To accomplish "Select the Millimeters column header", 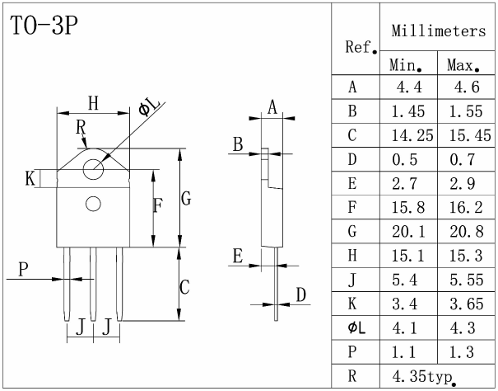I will coord(438,31).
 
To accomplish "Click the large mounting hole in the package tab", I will coord(93,167).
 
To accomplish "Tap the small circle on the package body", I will coord(93,203).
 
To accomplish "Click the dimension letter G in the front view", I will coord(187,199).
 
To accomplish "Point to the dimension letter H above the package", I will coord(93,103).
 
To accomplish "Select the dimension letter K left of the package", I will coord(30,177).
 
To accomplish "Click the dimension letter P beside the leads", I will coord(23,268).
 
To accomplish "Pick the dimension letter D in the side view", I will coord(301,294).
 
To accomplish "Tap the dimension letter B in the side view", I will coord(237,144).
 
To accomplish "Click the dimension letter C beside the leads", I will coord(185,287).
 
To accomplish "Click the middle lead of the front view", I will coord(93,285).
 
